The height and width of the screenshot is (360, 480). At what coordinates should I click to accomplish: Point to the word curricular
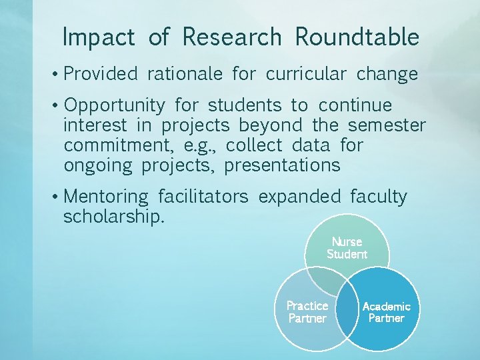pos(306,73)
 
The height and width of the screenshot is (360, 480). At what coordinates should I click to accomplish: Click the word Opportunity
pos(115,106)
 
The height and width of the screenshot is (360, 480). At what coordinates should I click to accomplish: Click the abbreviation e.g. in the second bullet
pos(201,145)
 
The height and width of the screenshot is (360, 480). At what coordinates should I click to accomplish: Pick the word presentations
pos(282,165)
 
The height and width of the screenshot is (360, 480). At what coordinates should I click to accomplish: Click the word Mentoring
pos(107,197)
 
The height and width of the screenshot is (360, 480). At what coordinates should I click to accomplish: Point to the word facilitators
pos(203,197)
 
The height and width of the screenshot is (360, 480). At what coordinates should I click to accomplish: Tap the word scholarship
pos(113,217)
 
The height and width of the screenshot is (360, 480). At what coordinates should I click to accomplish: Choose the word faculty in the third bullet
pos(378,197)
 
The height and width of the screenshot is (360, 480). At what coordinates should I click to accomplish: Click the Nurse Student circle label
pos(347,248)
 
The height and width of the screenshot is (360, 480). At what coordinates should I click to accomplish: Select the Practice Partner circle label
pos(307,312)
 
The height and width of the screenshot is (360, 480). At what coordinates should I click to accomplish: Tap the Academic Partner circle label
pos(386,312)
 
